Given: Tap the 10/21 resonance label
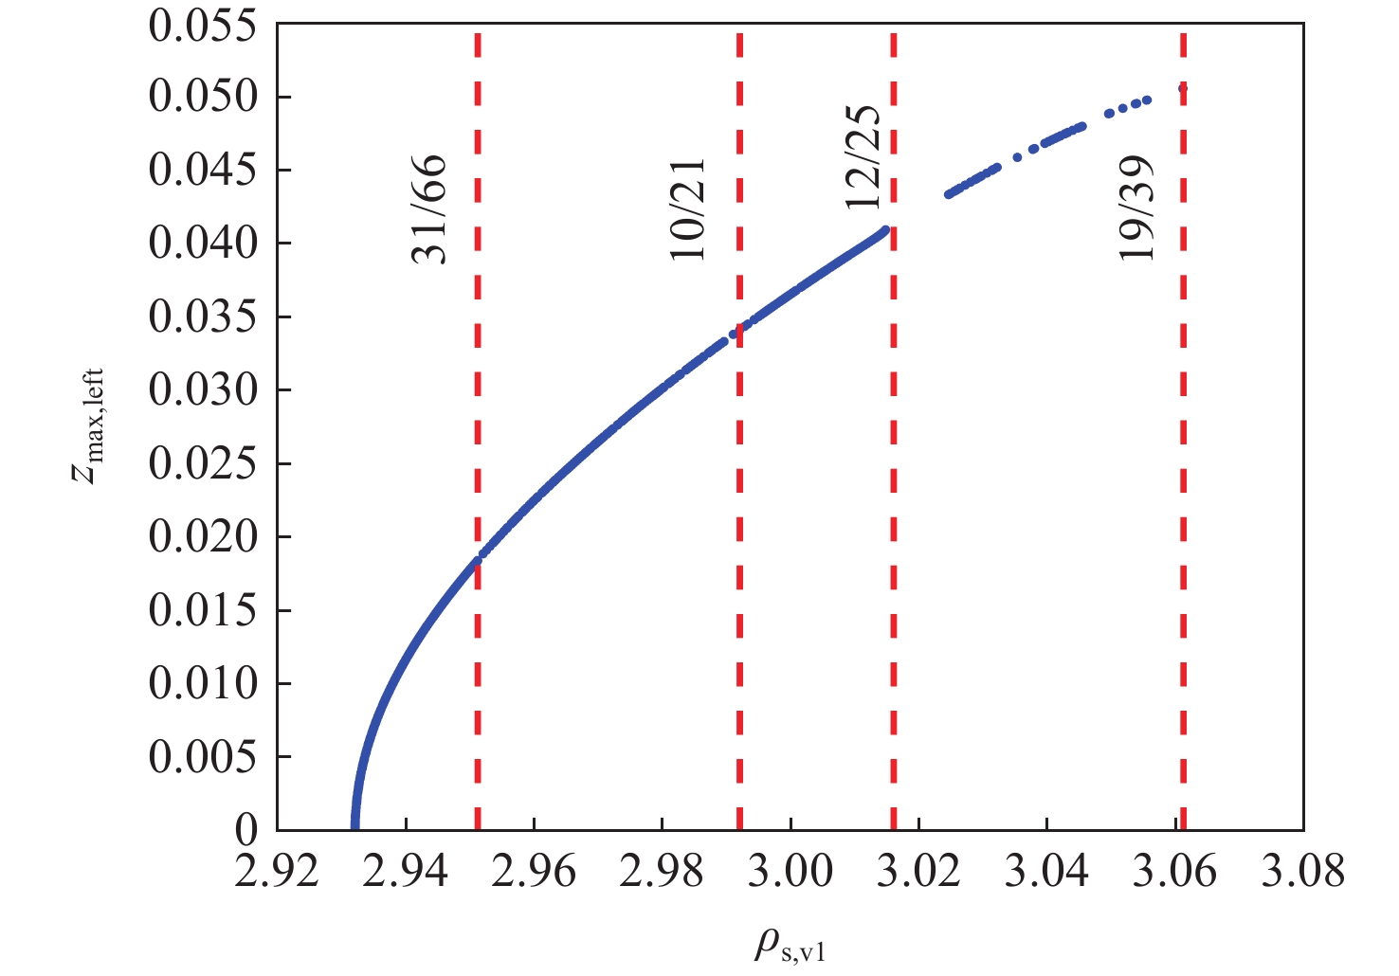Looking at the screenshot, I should coord(688,209).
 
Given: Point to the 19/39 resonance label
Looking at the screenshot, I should coord(1136,209).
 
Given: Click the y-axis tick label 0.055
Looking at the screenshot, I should coord(203,26).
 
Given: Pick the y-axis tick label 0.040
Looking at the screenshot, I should coord(203,244).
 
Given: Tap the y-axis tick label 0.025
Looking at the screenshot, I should coord(203,464).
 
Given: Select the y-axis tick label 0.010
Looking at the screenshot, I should coord(203,683).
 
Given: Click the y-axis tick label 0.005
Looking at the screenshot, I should coord(203,757).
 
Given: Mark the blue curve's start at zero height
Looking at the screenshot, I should coord(355,826).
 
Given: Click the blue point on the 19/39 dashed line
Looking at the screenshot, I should coord(1183,89).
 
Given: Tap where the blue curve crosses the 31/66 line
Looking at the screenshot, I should coord(478,560).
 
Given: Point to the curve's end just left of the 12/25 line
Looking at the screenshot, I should coord(885,230).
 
